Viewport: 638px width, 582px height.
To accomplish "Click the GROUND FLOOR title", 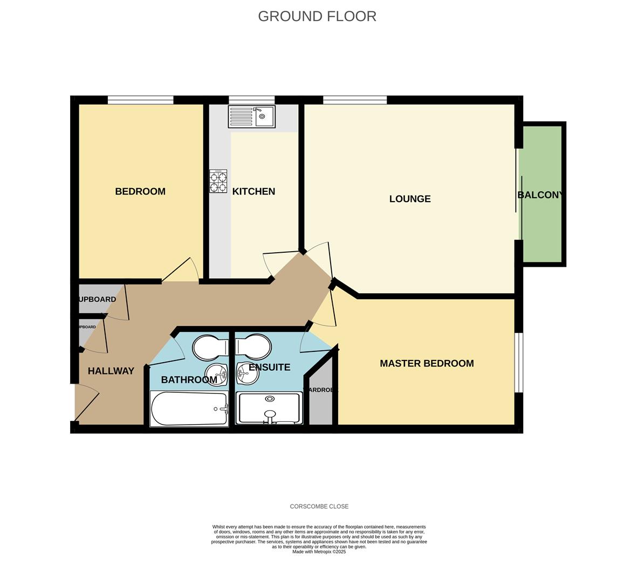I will pos(317,16).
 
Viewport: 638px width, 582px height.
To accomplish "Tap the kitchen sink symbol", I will pos(251,116).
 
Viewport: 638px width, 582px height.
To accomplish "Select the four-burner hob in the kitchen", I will pos(218,181).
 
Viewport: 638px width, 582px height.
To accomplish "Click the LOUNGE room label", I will pos(410,199).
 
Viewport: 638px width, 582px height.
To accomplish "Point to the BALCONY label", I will pos(540,195).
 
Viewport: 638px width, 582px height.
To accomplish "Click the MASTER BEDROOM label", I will pos(427,363).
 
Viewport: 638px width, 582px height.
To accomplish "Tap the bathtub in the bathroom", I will pos(189,409).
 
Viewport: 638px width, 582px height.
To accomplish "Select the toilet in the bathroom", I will pos(210,348).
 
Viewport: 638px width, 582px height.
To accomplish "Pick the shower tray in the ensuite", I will pos(269,408).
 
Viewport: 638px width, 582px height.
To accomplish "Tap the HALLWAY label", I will pos(111,371).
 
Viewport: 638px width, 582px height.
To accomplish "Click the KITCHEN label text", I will pos(253,191).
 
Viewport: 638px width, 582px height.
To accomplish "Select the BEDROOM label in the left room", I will pos(140,191).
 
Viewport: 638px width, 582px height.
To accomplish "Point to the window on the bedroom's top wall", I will pos(140,100).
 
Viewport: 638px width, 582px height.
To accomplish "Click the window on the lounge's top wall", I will pos(354,100).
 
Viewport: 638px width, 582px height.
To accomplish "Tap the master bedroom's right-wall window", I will pos(518,362).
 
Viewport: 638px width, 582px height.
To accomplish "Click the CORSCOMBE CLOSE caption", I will pos(319,507).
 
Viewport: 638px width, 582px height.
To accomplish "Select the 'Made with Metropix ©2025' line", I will pos(319,552).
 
